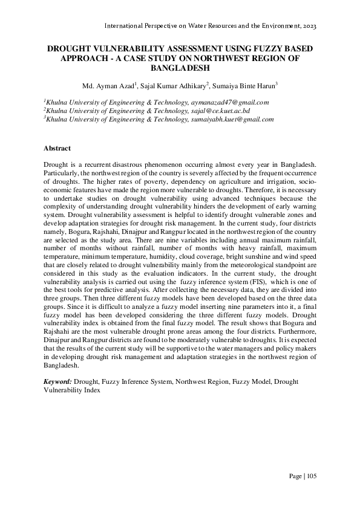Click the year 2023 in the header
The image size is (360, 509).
pyautogui.click(x=308, y=27)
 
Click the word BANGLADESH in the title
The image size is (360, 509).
pyautogui.click(x=180, y=68)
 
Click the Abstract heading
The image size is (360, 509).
pyautogui.click(x=57, y=148)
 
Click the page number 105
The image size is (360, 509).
pyautogui.click(x=312, y=476)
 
